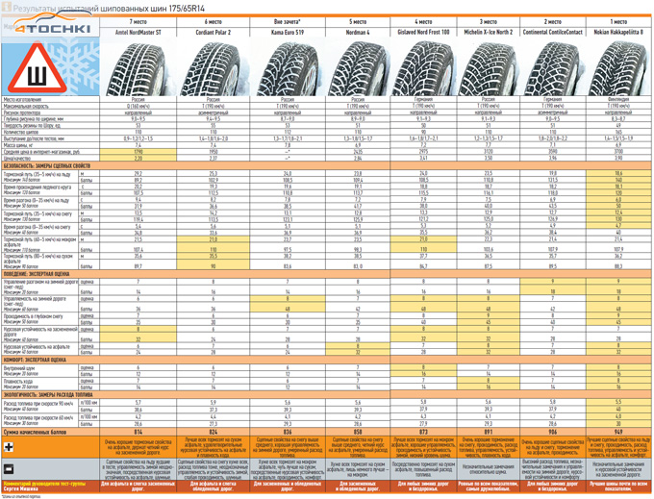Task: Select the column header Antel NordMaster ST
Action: (144, 31)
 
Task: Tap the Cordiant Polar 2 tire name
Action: (214, 31)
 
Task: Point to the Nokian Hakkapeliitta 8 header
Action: (618, 31)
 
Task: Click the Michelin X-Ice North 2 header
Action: (487, 31)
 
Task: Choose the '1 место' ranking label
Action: (618, 20)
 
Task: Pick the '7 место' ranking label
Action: (144, 20)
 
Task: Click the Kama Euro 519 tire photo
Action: (286, 65)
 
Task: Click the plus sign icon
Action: (9, 448)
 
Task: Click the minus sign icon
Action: (9, 468)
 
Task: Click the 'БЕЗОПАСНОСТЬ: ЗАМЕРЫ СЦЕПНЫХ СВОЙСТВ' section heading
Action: (58, 166)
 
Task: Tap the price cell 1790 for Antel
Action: (144, 151)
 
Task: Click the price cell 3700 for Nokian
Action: (618, 151)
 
